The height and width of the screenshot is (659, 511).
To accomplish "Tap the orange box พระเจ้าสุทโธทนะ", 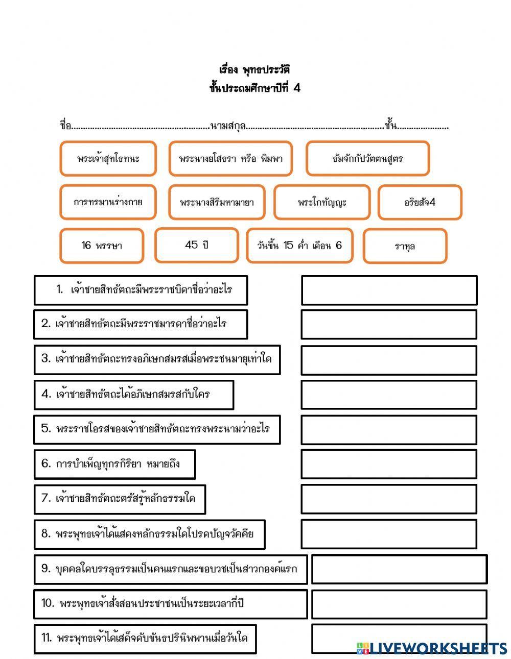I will [108, 159].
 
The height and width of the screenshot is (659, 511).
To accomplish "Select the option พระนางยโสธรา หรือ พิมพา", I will [230, 159].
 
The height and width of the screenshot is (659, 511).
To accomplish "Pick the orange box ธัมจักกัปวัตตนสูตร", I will [367, 159].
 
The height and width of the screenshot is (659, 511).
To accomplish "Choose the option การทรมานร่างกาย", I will [108, 202].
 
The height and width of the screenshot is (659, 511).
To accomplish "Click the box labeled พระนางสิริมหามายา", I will [217, 202].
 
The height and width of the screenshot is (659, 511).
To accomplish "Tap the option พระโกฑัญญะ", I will [322, 202].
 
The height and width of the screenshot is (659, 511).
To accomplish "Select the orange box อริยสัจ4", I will [420, 202].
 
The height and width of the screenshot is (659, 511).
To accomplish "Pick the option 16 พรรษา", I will [102, 246].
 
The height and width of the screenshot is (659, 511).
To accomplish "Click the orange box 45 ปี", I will [197, 245].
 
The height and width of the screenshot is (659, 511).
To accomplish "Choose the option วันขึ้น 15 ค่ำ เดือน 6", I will [299, 246].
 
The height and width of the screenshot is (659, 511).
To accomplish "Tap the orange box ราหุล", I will [405, 246].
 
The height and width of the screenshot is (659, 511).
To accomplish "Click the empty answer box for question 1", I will [389, 290].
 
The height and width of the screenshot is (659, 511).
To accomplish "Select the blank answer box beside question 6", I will [389, 464].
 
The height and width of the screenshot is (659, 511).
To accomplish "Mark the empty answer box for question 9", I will [399, 569].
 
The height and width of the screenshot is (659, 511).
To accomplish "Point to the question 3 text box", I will [157, 359].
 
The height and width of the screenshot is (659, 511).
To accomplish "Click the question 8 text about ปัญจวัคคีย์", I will [149, 534].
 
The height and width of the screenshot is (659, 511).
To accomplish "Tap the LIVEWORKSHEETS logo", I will [432, 648].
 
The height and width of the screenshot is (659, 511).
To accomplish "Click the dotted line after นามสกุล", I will [314, 126].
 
